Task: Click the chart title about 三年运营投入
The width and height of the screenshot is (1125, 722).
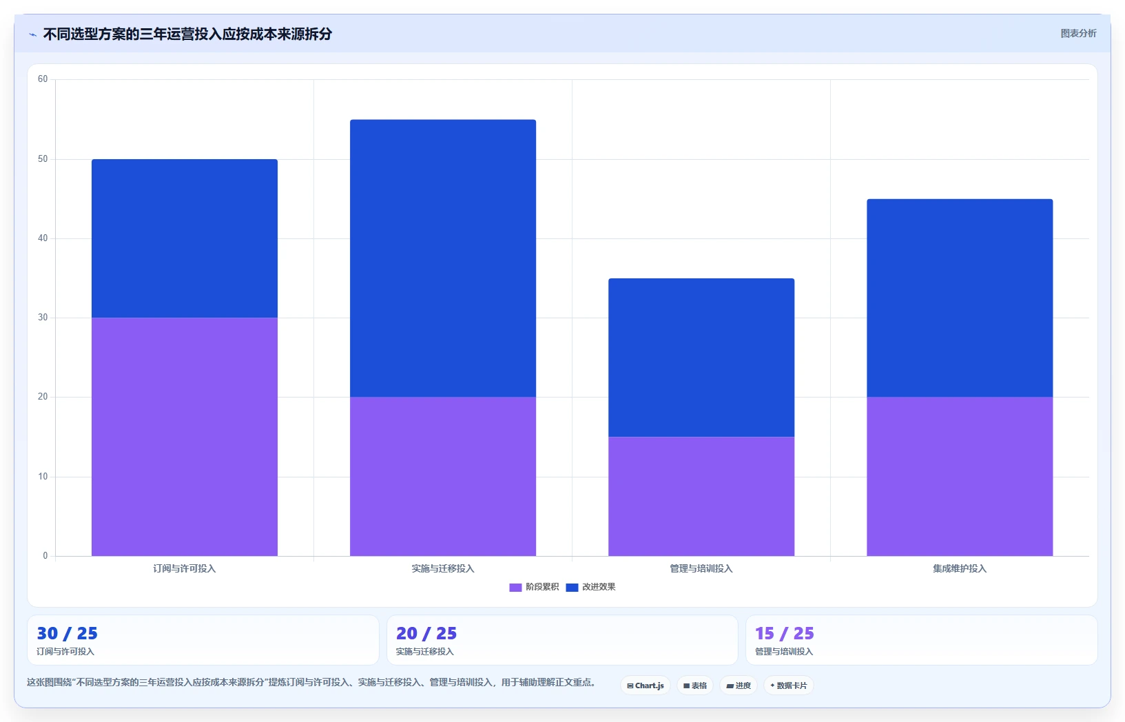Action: point(187,34)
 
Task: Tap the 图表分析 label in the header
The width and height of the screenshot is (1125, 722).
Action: point(1078,33)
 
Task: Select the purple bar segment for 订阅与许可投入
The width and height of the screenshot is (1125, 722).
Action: point(185,436)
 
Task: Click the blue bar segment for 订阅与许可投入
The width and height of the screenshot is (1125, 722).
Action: point(185,238)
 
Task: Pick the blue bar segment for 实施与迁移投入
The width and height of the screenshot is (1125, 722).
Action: point(443,258)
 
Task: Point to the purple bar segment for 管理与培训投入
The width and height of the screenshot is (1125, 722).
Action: point(701,496)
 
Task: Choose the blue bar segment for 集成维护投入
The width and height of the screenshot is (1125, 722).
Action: point(960,298)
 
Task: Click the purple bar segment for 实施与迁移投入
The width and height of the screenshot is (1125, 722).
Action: point(443,477)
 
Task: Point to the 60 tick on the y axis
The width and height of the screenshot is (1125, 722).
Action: point(43,79)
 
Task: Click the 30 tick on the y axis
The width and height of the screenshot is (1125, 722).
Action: point(43,318)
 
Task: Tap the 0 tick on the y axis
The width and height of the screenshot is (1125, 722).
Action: point(45,555)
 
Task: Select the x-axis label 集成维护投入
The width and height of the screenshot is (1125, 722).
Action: point(960,568)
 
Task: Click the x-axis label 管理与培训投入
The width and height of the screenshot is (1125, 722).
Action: point(701,568)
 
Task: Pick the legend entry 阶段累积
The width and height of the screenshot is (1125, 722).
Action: point(534,587)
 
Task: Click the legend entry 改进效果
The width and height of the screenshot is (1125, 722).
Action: point(590,587)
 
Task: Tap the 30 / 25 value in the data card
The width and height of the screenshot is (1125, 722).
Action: point(68,633)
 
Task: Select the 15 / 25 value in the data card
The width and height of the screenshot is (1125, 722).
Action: point(785,633)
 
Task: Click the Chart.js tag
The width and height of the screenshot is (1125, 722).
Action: point(646,685)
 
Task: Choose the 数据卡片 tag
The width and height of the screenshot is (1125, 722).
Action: point(789,685)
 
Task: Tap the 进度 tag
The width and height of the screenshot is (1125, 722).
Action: point(739,685)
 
